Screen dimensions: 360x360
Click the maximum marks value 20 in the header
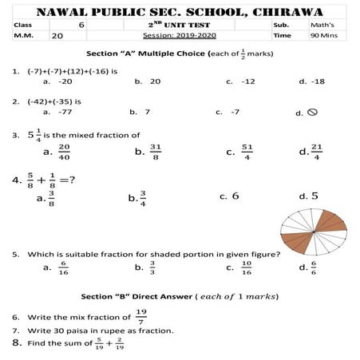click(57, 36)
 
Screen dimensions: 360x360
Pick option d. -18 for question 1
click(317, 81)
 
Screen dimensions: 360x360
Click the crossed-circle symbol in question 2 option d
click(312, 113)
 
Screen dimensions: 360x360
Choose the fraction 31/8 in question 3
click(156, 151)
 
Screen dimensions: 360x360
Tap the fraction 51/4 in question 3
click(247, 151)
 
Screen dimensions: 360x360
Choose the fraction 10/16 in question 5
click(247, 267)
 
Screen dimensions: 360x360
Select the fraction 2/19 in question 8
click(119, 344)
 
